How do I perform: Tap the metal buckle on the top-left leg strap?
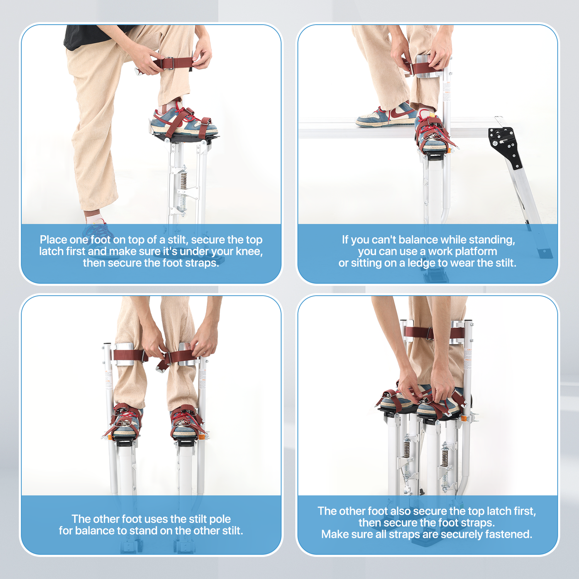pos(169,63)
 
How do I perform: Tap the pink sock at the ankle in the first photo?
pos(93,218)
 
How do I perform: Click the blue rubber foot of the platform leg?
pos(545,253)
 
